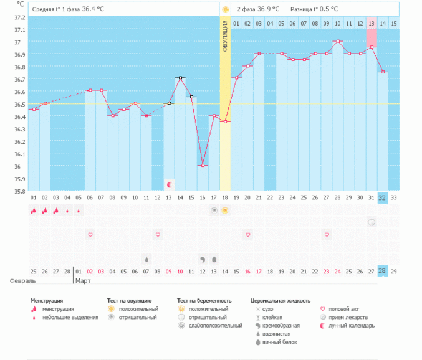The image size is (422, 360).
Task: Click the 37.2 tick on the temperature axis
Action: coord(20,17)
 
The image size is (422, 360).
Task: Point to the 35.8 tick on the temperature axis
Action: coord(20,191)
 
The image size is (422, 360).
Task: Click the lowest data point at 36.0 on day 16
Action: coord(203,166)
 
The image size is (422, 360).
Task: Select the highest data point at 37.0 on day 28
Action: coord(337,41)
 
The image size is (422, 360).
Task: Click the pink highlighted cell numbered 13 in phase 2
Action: coord(372,24)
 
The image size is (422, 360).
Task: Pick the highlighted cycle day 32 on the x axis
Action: coord(382,197)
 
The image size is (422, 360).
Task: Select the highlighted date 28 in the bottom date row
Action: coord(382,272)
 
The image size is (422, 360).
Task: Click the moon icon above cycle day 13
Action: coord(169,184)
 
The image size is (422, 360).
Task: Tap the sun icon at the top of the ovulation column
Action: coord(225,9)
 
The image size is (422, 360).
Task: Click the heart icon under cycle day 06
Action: coord(90,234)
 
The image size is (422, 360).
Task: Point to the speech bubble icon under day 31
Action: coord(371,222)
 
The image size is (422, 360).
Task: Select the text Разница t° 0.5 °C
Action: coord(314,9)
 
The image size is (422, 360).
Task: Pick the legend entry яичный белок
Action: coord(279,342)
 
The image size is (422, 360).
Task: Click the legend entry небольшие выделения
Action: coord(70,317)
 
